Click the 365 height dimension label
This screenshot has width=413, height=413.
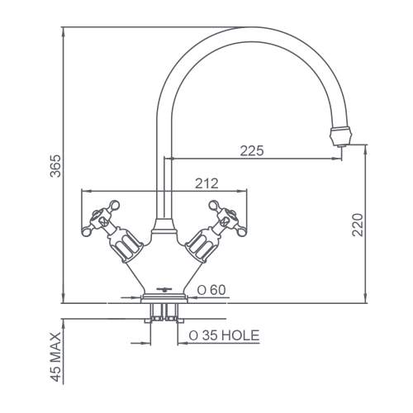click(55, 166)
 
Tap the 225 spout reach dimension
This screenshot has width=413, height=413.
click(252, 150)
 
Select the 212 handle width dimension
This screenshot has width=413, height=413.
click(206, 183)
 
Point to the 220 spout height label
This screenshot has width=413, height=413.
click(358, 225)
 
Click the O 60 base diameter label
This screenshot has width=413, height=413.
click(211, 290)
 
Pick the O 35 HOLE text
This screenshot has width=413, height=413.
click(224, 335)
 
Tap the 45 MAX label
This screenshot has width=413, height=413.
click(56, 357)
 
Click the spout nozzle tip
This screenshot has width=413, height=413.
click(341, 137)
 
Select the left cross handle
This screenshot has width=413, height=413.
click(101, 218)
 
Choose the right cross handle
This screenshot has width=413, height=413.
click(228, 218)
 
